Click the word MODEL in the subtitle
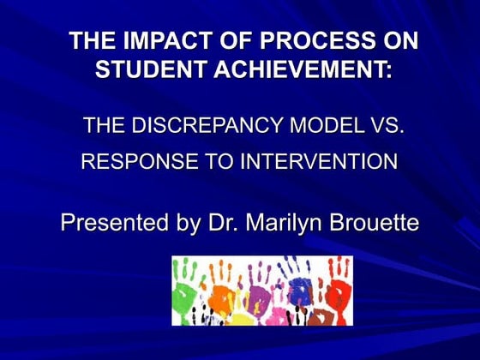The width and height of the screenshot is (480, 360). [x=327, y=127]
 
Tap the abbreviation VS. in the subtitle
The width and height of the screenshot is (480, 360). [x=385, y=127]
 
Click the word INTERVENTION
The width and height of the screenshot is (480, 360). [x=313, y=162]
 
